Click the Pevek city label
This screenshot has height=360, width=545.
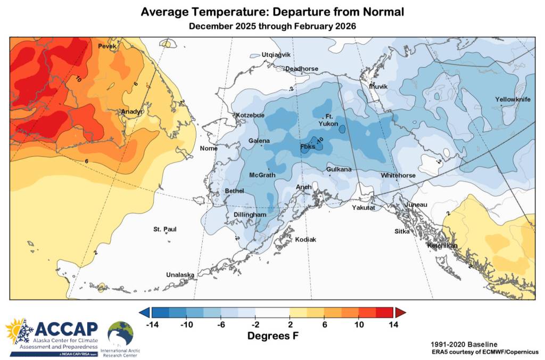coord(107,46)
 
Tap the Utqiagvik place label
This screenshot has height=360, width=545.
coord(276,55)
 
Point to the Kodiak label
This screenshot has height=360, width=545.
coord(305,240)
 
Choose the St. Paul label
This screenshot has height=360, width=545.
coord(165,230)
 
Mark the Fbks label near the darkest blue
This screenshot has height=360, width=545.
coord(308,146)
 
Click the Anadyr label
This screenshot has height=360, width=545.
coord(131,111)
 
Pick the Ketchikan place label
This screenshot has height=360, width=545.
coord(442,246)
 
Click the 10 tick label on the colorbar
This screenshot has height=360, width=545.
coord(359,324)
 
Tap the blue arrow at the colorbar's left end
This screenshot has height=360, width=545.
coord(144,312)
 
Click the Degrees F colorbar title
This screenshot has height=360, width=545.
coord(272,336)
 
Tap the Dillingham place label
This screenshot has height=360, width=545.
coord(250,215)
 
